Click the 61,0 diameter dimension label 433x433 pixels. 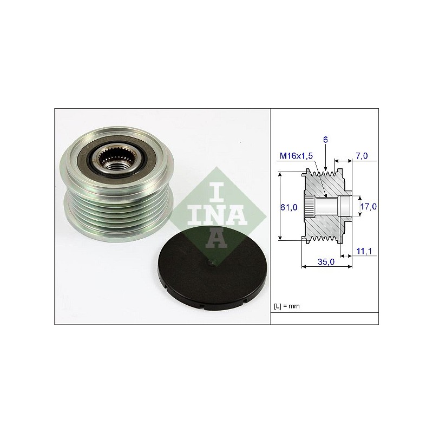coord(289,207)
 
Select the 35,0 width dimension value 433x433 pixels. coord(326,261)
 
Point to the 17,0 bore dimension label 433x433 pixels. coord(369,206)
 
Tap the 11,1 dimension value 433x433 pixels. coord(364,251)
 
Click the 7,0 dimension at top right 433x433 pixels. coord(362,156)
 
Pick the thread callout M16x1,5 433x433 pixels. coord(296,156)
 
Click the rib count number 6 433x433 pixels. coord(325,140)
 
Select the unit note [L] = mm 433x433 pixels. coord(287,306)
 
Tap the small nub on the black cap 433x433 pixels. coord(212,263)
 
